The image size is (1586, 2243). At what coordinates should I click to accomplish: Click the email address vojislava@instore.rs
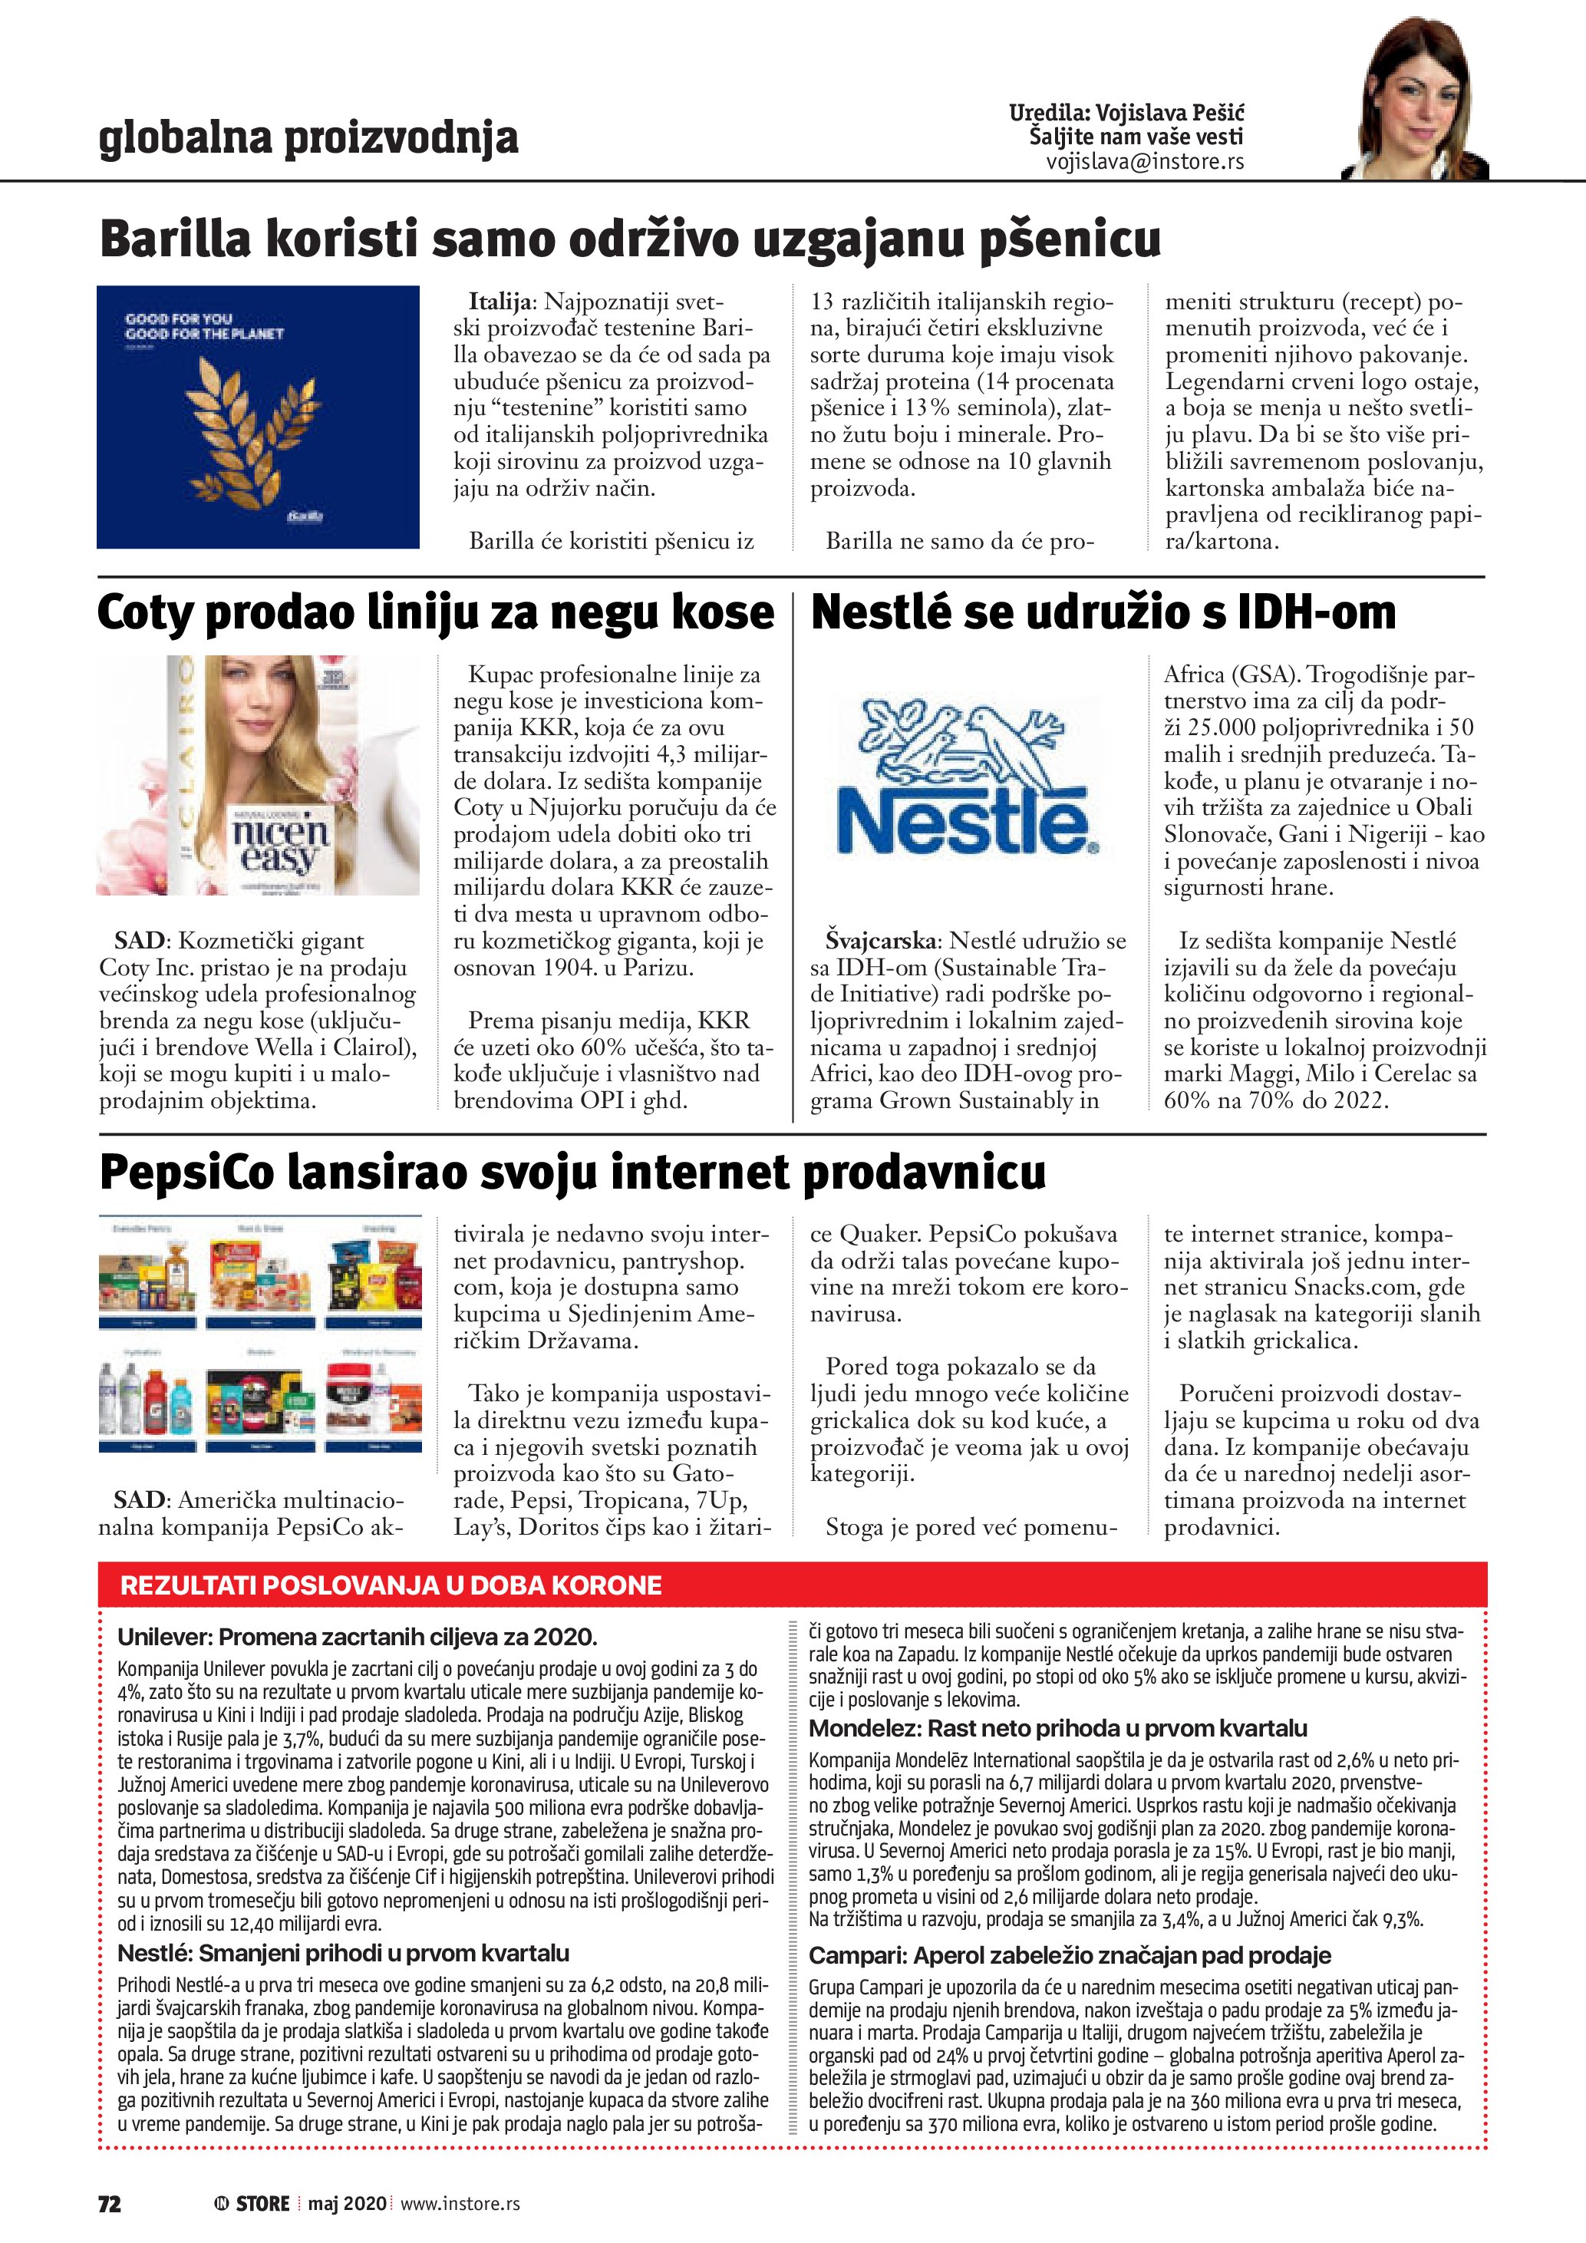(1145, 162)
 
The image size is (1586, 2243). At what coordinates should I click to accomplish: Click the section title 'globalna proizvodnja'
(308, 139)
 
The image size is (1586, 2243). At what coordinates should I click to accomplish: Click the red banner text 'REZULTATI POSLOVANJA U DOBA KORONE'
(391, 1585)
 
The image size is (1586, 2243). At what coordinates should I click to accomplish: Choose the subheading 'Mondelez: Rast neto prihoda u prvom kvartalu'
(1057, 1728)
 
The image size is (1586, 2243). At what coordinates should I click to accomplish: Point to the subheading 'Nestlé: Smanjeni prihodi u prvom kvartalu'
(343, 1952)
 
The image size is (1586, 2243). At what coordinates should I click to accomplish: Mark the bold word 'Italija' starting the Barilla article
(501, 302)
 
